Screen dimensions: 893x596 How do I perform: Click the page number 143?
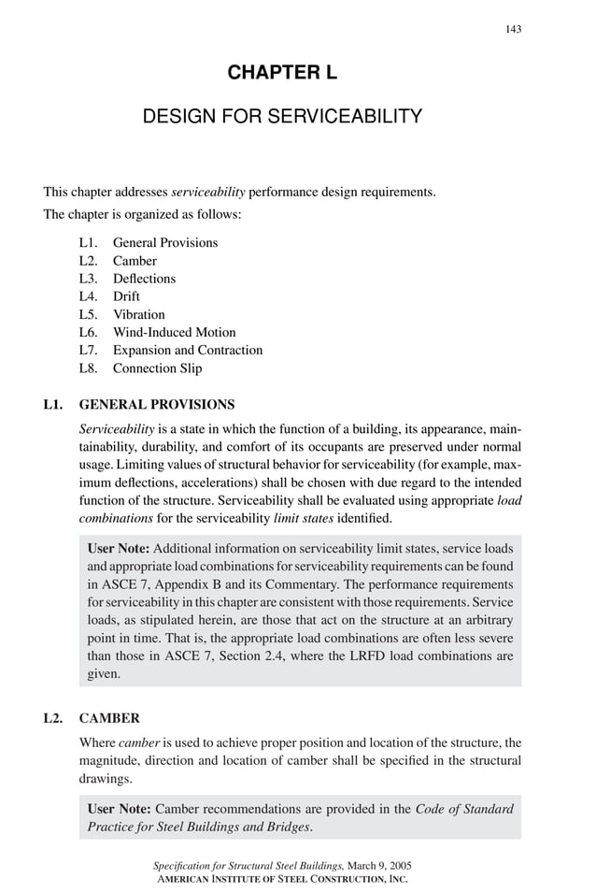(x=513, y=29)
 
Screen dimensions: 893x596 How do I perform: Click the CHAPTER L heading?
(x=282, y=73)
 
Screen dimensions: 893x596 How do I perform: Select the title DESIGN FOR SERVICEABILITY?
(x=282, y=117)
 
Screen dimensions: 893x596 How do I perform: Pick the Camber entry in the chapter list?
(x=135, y=261)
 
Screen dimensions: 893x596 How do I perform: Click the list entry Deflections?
(x=144, y=279)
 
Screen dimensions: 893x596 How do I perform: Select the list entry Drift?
(x=126, y=296)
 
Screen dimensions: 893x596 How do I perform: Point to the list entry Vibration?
(x=138, y=314)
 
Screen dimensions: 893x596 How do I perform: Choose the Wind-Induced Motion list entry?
(x=174, y=332)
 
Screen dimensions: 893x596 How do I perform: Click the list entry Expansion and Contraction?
(x=187, y=350)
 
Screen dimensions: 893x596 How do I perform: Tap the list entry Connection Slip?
(x=157, y=367)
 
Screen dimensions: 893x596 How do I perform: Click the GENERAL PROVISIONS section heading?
(x=157, y=405)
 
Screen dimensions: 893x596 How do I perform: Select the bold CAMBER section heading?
(x=109, y=718)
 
